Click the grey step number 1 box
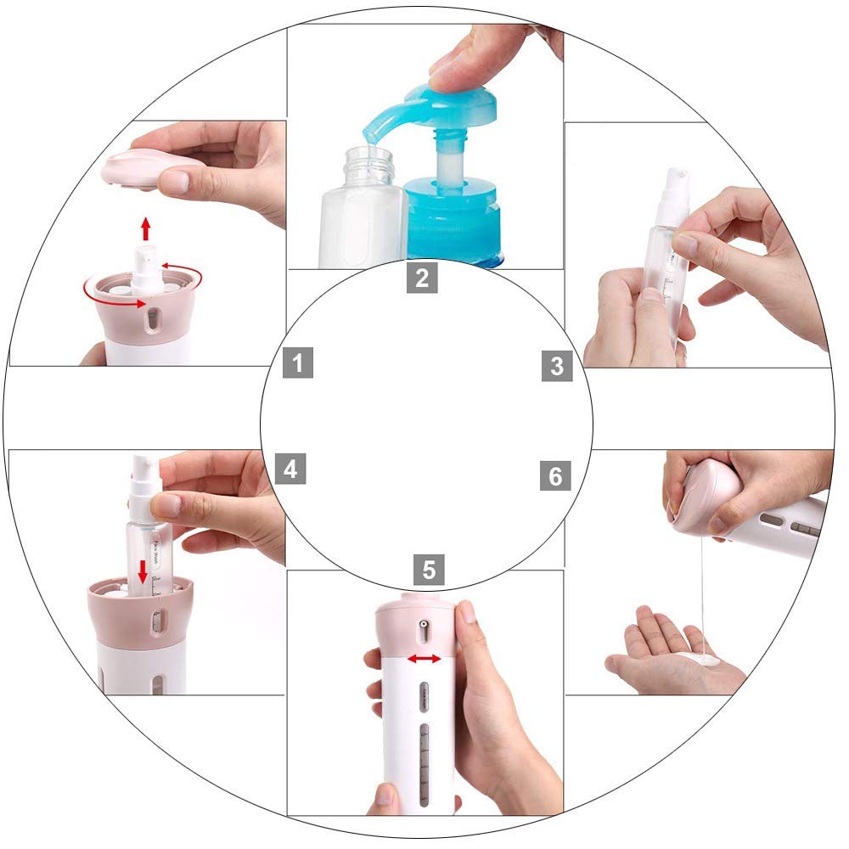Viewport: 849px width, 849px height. pyautogui.click(x=298, y=363)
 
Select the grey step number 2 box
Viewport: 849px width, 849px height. pyautogui.click(x=422, y=277)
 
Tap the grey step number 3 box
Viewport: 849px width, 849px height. pyautogui.click(x=557, y=366)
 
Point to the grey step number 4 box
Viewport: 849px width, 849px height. pyautogui.click(x=291, y=469)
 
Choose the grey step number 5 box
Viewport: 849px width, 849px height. pyautogui.click(x=429, y=569)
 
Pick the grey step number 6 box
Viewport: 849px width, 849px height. pyautogui.click(x=555, y=476)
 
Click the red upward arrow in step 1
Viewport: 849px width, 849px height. pyautogui.click(x=146, y=228)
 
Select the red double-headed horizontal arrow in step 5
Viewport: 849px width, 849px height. pyautogui.click(x=424, y=659)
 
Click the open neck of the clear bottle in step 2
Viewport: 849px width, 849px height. pyautogui.click(x=368, y=157)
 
